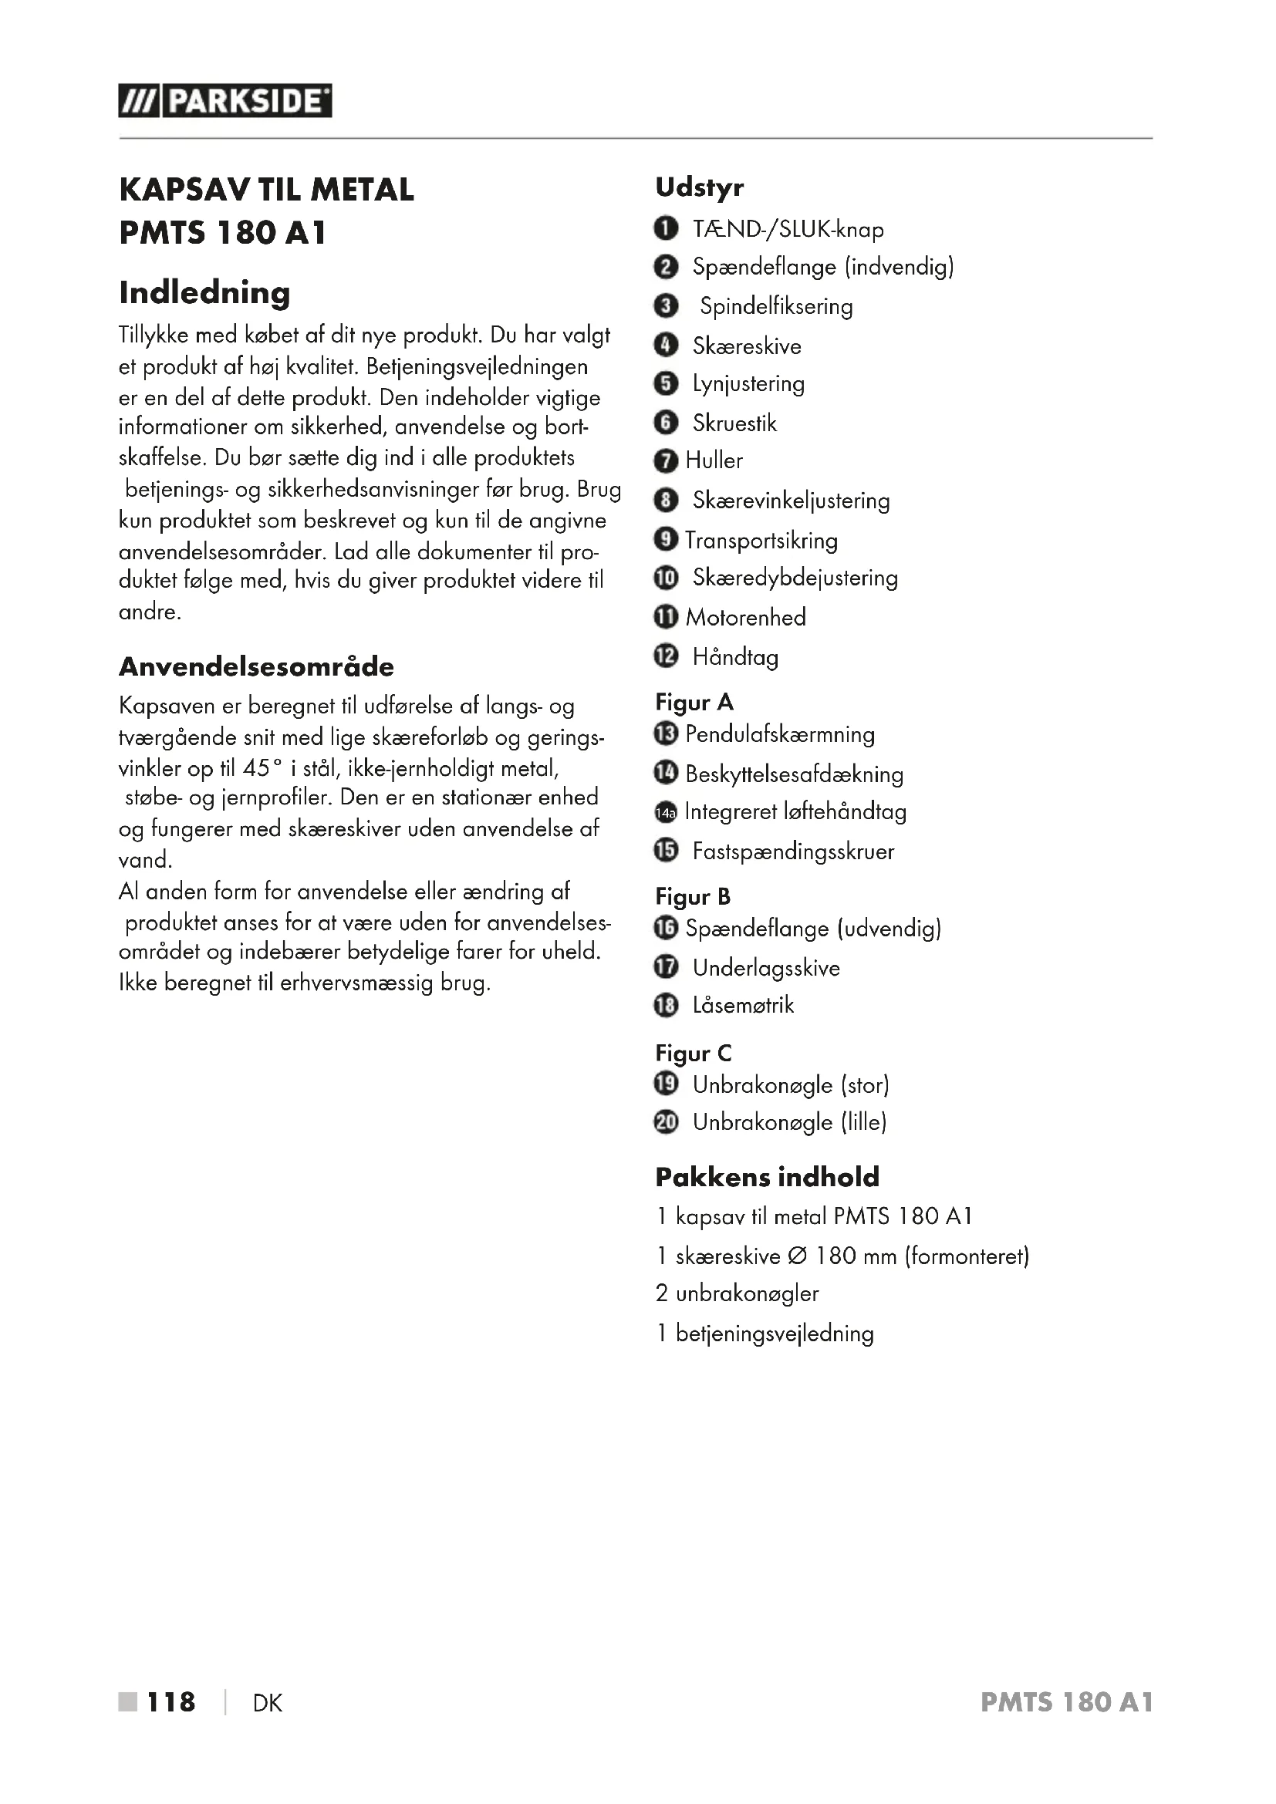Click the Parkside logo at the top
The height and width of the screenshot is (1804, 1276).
[x=224, y=101]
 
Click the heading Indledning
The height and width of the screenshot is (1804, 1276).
[x=204, y=293]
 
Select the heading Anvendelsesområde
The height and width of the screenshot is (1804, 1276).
[x=256, y=666]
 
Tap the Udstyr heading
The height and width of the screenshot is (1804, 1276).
[x=699, y=187]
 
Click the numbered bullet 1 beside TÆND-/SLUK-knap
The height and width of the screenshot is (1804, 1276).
[x=666, y=228]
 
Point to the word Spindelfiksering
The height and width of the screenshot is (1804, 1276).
[x=775, y=305]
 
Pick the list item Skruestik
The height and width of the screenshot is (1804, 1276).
[x=734, y=423]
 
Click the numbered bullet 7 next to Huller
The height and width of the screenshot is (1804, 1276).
[x=666, y=460]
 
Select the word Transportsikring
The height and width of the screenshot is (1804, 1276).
[x=761, y=540]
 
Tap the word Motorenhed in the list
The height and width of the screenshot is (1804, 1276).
[x=745, y=617]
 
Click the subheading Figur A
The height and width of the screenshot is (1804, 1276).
[x=694, y=702]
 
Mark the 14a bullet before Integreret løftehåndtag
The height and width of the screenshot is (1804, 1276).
[x=666, y=812]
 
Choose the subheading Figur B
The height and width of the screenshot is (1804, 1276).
[x=693, y=895]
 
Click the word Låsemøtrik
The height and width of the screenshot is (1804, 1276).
[x=742, y=1005]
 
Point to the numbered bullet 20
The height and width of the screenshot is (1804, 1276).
[x=666, y=1123]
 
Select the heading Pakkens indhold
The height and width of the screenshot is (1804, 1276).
[x=767, y=1177]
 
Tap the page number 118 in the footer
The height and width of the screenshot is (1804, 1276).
[x=171, y=1702]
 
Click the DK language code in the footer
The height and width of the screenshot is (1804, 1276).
[x=267, y=1703]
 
